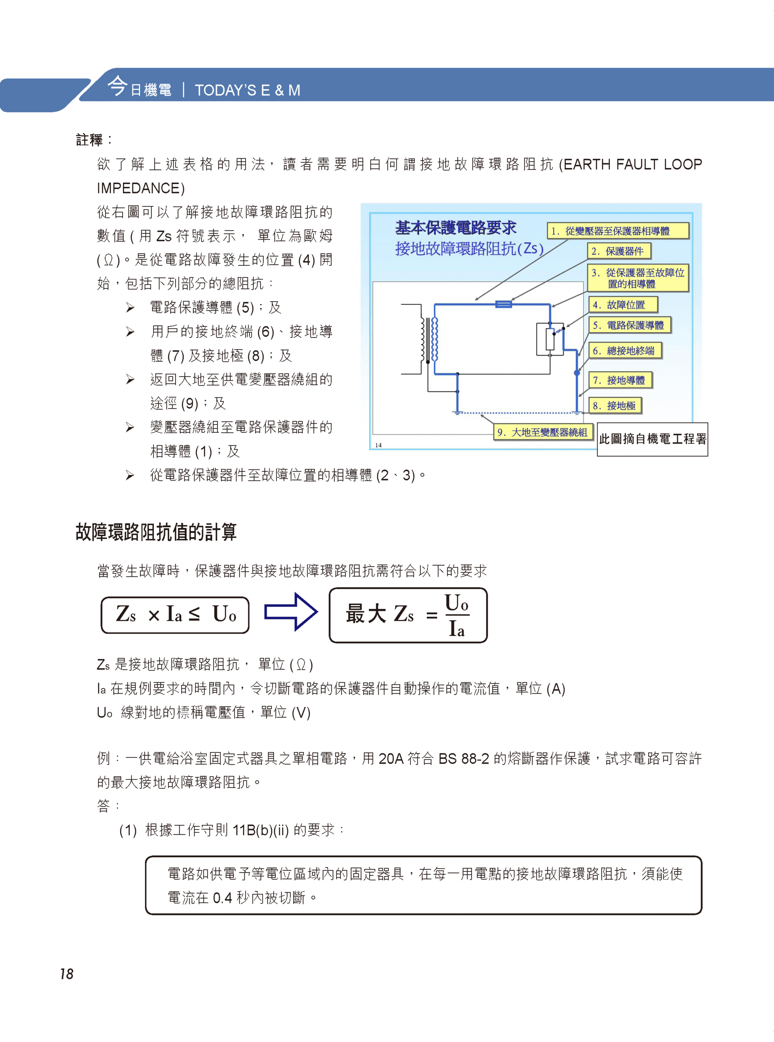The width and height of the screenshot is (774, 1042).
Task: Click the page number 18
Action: point(66,974)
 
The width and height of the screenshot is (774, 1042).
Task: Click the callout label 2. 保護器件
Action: point(619,251)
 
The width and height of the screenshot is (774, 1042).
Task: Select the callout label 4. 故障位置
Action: point(623,305)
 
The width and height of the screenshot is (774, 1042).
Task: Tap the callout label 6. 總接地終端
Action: point(625,350)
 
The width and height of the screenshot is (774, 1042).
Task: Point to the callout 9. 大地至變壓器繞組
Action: point(544,432)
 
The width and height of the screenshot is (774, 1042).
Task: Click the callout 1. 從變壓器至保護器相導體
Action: point(618,231)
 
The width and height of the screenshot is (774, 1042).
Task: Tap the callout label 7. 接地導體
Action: point(620,380)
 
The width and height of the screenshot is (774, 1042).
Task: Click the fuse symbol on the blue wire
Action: point(504,304)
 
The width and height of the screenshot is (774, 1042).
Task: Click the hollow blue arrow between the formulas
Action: point(290,612)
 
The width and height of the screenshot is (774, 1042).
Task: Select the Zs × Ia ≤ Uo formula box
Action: point(175,615)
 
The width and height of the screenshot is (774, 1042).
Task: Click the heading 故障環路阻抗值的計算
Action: point(156,532)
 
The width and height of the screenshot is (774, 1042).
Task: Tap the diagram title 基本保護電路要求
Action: point(456,228)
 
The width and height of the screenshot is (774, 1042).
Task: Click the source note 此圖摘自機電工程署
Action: point(652,439)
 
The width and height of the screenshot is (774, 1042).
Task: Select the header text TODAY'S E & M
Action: point(248,90)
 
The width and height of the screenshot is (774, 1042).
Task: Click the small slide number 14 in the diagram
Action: point(379,445)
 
